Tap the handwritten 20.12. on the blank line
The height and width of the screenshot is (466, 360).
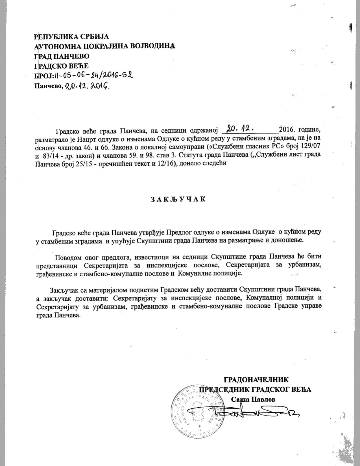(x=241, y=129)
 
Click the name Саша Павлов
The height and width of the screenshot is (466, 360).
(x=253, y=399)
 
